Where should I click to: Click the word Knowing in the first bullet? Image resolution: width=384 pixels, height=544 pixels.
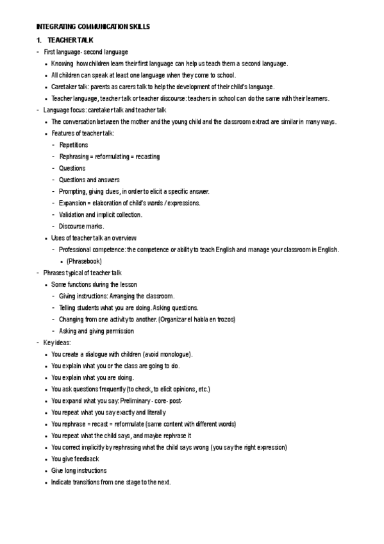(x=62, y=64)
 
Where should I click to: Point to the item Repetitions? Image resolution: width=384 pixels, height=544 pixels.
(x=74, y=145)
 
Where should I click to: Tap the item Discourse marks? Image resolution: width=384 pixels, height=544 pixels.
(x=82, y=226)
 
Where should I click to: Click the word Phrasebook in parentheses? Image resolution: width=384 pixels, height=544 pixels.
(x=84, y=261)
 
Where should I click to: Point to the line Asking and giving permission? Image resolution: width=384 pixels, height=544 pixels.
(x=97, y=331)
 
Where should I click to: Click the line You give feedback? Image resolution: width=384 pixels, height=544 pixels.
(x=75, y=459)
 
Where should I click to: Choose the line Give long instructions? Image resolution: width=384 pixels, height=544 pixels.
(x=79, y=470)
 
